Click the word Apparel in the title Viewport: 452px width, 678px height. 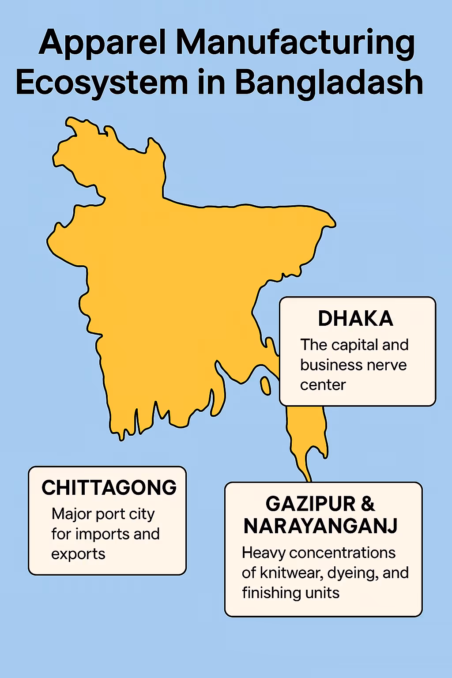click(103, 43)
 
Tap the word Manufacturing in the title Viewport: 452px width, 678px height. click(295, 43)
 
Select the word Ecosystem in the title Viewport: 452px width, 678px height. click(102, 83)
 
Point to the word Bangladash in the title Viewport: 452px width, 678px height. click(329, 83)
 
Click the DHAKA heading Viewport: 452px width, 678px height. click(355, 319)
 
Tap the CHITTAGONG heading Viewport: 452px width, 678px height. click(109, 488)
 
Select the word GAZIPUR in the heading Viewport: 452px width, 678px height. click(311, 504)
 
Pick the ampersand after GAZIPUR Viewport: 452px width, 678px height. click(368, 504)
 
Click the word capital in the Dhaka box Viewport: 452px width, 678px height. click(355, 345)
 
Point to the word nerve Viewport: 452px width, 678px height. click(388, 365)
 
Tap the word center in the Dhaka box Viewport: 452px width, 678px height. click(323, 385)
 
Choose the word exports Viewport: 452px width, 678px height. click(78, 554)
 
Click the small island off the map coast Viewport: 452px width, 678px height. click(265, 386)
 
